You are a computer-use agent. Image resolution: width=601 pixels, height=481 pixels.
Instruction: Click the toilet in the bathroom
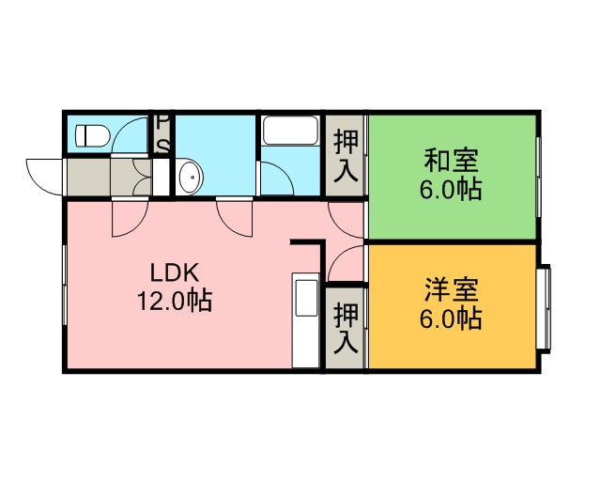coord(93,135)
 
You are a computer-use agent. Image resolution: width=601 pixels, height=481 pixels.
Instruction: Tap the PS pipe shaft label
coord(163,134)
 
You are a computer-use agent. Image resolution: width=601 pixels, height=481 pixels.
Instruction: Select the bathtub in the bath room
coord(290,131)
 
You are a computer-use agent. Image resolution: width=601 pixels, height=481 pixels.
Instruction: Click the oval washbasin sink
coord(191,178)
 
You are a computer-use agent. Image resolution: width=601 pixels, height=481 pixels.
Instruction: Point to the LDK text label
coord(175,272)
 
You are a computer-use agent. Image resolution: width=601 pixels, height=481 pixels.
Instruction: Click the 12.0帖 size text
coord(175,301)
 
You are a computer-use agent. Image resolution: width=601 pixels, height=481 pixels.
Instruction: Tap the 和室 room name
coord(451,161)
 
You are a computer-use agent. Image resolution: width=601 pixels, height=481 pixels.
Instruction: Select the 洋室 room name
coord(451,290)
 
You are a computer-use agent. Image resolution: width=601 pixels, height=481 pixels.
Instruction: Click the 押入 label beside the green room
coord(346,156)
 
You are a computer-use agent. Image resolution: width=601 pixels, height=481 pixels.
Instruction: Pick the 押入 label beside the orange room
coord(346,328)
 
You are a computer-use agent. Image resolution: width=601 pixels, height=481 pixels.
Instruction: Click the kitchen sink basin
coord(305,298)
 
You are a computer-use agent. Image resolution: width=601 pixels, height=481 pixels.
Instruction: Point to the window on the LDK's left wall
coord(65,285)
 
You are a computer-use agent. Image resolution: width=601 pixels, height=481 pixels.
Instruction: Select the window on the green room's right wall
coord(538,178)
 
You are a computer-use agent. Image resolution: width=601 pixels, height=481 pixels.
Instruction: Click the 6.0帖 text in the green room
coord(451,190)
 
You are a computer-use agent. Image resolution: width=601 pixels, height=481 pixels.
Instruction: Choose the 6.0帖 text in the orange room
coord(451,318)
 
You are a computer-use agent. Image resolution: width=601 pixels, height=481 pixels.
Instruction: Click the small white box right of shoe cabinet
coord(161,178)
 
